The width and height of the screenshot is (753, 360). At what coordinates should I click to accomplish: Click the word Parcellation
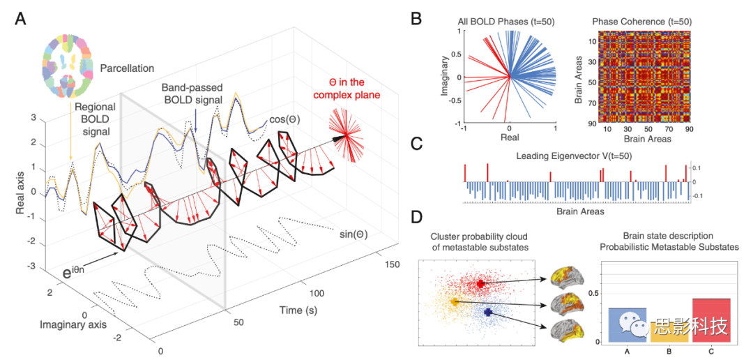127,68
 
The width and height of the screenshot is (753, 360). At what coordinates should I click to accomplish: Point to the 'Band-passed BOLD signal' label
192,95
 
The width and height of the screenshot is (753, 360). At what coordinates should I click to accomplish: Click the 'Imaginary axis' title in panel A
69,324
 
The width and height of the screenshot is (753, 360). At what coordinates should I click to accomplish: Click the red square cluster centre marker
481,284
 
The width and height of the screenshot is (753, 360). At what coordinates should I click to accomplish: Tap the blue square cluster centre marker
487,312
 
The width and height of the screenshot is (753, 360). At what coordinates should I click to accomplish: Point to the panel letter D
416,217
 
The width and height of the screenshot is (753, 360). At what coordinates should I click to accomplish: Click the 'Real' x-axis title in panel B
510,139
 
